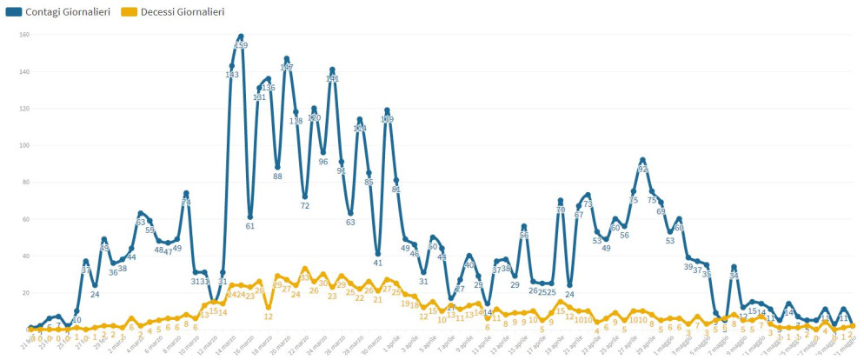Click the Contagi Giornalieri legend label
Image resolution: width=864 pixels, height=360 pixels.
pyautogui.click(x=69, y=11)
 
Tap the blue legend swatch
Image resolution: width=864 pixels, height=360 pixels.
pyautogui.click(x=14, y=11)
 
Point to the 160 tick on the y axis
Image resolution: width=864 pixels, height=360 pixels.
pyautogui.click(x=24, y=35)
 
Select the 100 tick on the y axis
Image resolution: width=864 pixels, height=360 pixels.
pyautogui.click(x=24, y=145)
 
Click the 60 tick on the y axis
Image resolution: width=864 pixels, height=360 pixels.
pyautogui.click(x=24, y=219)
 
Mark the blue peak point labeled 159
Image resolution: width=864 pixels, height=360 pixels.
pyautogui.click(x=241, y=37)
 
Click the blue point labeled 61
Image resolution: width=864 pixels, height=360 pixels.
pyautogui.click(x=250, y=217)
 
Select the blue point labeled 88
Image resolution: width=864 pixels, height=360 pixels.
pyautogui.click(x=277, y=167)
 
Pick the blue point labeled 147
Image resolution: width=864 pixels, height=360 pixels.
pyautogui.click(x=287, y=59)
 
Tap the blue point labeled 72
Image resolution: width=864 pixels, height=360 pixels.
pyautogui.click(x=305, y=197)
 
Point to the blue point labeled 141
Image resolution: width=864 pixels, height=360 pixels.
pyautogui.click(x=332, y=70)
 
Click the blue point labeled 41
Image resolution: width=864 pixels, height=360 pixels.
pyautogui.click(x=377, y=254)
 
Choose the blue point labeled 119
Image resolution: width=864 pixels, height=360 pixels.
pyautogui.click(x=387, y=110)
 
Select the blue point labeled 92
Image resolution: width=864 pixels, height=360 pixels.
pyautogui.click(x=642, y=160)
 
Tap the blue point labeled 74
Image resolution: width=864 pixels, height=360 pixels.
pyautogui.click(x=186, y=193)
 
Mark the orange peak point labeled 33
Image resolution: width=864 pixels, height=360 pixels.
pyautogui.click(x=305, y=269)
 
